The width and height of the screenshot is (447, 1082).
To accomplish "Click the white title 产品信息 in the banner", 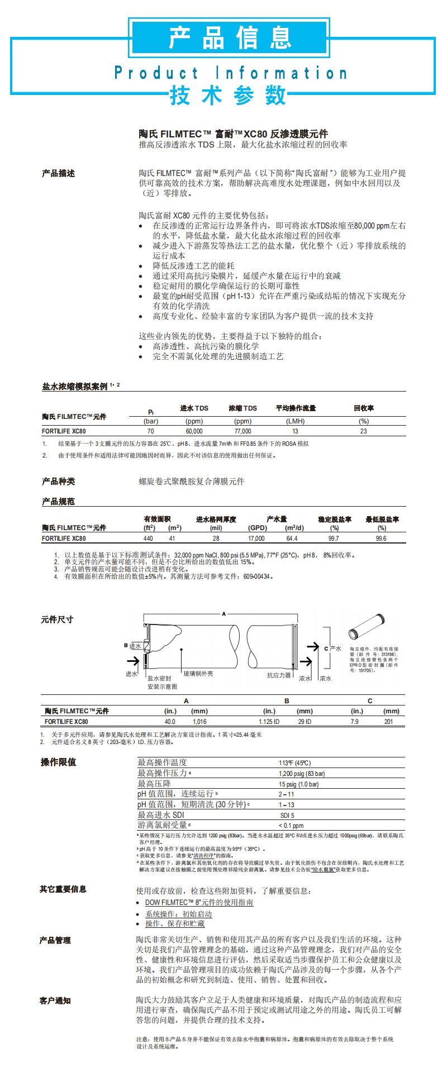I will point(228,37).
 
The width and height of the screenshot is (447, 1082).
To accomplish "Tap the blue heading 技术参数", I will point(227,96).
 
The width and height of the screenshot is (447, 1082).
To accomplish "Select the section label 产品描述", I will point(58,173).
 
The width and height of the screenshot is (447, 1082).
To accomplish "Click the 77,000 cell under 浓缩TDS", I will point(242,431).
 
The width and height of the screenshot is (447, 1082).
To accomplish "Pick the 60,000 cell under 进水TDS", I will point(194,431).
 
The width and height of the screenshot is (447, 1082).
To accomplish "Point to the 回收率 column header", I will point(364,408).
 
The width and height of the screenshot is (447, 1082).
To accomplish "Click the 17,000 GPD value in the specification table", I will point(256,538).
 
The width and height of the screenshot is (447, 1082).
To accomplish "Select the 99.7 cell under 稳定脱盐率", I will point(334,538).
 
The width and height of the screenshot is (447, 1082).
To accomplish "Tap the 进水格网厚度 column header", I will point(216,519).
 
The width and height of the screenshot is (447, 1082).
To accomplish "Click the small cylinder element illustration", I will point(367,626).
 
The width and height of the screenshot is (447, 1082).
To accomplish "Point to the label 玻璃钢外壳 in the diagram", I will point(198,674).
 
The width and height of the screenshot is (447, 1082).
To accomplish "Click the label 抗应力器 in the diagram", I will point(279,675).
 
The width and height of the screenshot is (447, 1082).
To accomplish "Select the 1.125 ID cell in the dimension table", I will point(269,722).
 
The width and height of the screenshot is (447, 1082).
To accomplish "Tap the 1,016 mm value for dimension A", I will point(199,722).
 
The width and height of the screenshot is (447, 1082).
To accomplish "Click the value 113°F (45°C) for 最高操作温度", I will point(294,763).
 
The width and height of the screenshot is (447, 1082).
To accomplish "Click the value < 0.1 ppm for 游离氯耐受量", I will point(291,826).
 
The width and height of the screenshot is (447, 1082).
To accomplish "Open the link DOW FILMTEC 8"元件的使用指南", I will point(199,902).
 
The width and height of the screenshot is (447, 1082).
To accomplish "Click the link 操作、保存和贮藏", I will point(174,924).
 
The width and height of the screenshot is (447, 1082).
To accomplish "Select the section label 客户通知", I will point(55,1000).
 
